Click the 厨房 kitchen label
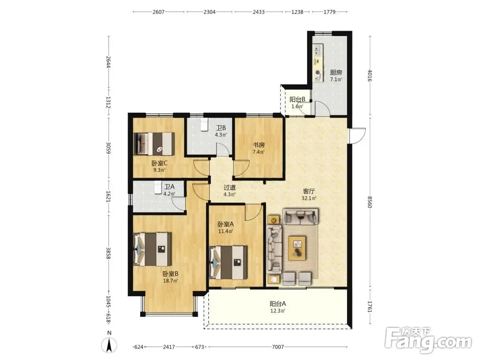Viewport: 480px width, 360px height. [x=336, y=72]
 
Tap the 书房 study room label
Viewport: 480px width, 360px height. [x=259, y=145]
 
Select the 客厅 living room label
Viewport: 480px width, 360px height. [x=309, y=192]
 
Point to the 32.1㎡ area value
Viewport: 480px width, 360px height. [x=309, y=198]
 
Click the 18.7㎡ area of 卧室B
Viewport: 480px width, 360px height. [x=170, y=280]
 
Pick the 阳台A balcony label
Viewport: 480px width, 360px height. [x=278, y=304]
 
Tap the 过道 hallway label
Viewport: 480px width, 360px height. [x=229, y=187]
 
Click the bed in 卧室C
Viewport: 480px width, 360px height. [x=154, y=144]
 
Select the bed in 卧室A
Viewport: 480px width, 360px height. [x=228, y=263]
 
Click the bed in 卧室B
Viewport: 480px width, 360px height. [x=153, y=249]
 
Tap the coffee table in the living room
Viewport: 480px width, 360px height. [x=297, y=248]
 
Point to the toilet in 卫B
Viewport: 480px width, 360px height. [x=204, y=125]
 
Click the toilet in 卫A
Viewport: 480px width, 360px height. [x=157, y=187]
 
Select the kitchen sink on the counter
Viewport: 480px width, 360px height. [x=318, y=50]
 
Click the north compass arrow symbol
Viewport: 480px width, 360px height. [x=109, y=345]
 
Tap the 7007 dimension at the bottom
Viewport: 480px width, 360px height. [x=278, y=347]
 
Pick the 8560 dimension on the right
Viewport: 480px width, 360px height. [x=370, y=202]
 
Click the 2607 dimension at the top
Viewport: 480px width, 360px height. [x=158, y=12]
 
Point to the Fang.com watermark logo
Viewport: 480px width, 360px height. [x=428, y=341]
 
